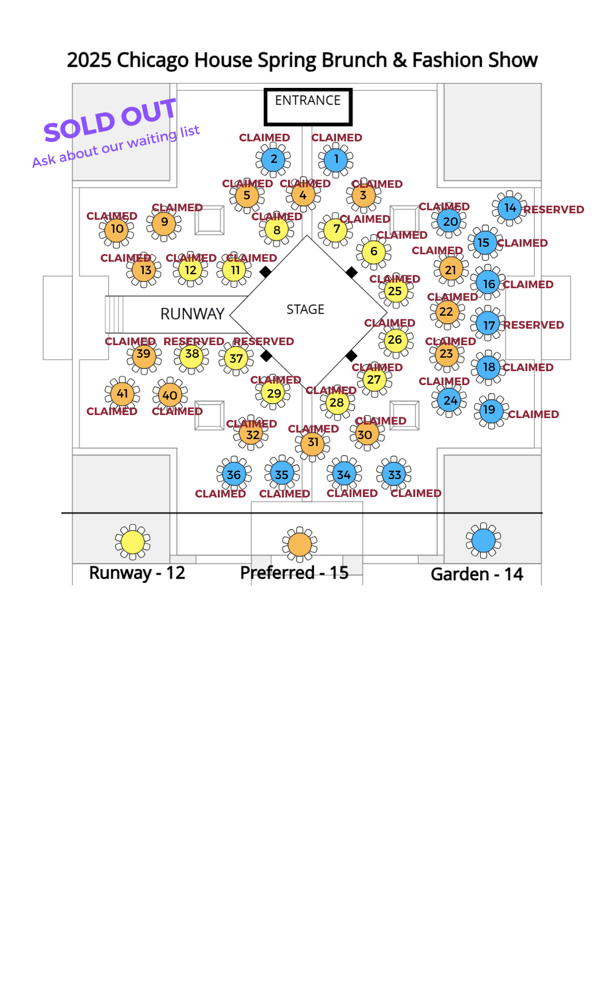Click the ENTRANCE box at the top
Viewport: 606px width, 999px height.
308,106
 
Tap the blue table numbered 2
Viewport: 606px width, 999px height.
273,159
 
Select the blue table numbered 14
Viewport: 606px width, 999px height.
509,208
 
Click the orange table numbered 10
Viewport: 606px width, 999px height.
116,229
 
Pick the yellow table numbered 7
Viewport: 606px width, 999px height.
336,229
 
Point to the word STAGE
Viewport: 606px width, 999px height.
305,310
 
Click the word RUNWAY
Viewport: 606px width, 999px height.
192,314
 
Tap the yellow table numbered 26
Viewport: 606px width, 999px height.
395,340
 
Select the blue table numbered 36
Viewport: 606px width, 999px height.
234,475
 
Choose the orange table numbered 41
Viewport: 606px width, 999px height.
122,394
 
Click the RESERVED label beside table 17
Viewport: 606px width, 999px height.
533,325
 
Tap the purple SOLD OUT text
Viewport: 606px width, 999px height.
110,120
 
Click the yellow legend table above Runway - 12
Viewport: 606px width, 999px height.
133,542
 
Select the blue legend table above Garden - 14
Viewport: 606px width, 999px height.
483,540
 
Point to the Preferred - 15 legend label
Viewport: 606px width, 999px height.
294,572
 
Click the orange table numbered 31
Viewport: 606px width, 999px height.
313,443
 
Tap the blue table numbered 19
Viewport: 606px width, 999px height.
490,410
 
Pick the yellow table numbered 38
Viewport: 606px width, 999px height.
192,354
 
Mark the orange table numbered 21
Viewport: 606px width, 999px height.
451,270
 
